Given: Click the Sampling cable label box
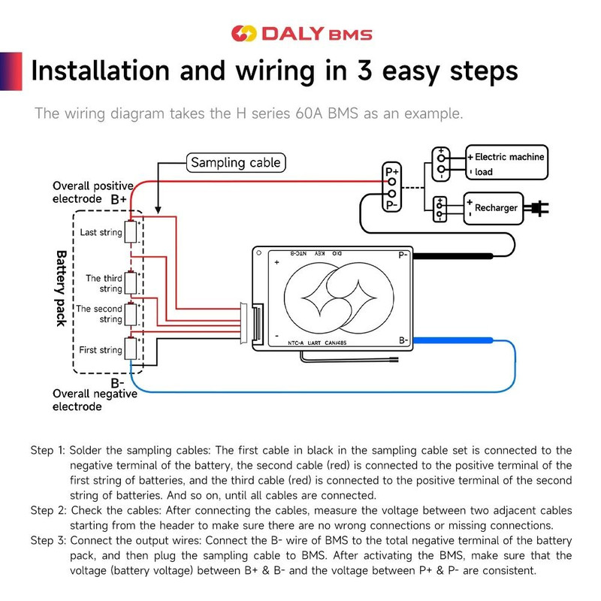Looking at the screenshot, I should click(235, 162).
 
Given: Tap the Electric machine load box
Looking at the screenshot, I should click(505, 164).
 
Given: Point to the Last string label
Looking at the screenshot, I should click(101, 232).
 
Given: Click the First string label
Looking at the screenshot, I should click(100, 350).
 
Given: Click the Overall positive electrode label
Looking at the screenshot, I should click(92, 192).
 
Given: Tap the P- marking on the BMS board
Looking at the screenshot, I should click(403, 255).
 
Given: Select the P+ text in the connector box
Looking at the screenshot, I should click(392, 171).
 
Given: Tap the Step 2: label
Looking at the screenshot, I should click(48, 511).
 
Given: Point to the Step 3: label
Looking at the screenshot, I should click(48, 541).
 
